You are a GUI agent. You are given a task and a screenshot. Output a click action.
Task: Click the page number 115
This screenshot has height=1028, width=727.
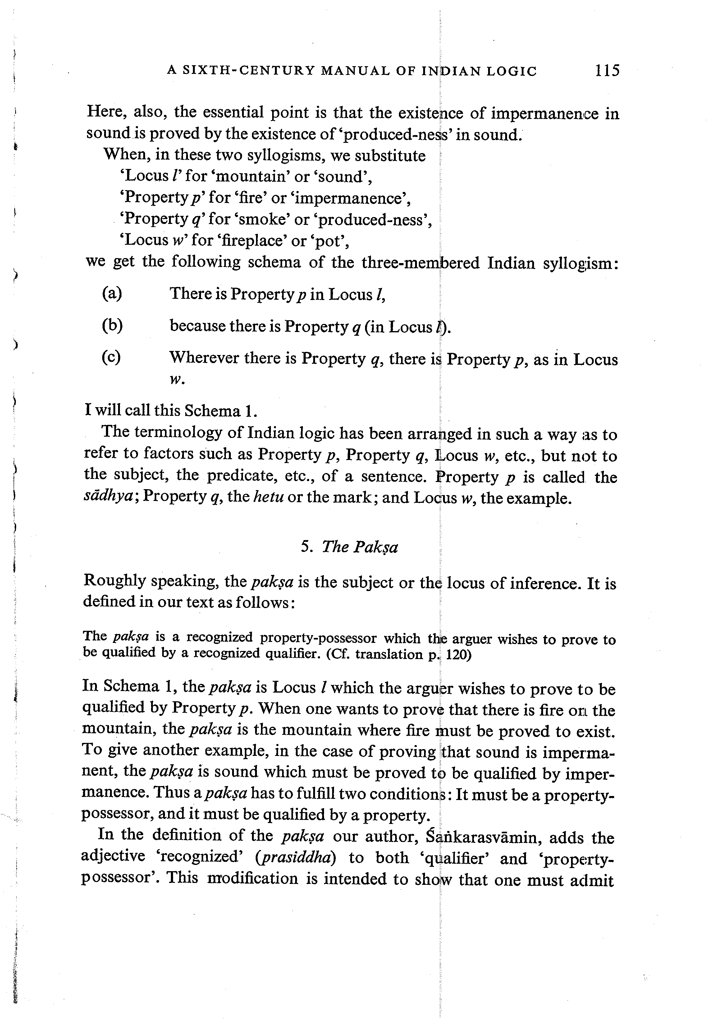coord(607,70)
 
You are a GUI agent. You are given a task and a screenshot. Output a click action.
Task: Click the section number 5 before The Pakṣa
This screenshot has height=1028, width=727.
coord(306,547)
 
